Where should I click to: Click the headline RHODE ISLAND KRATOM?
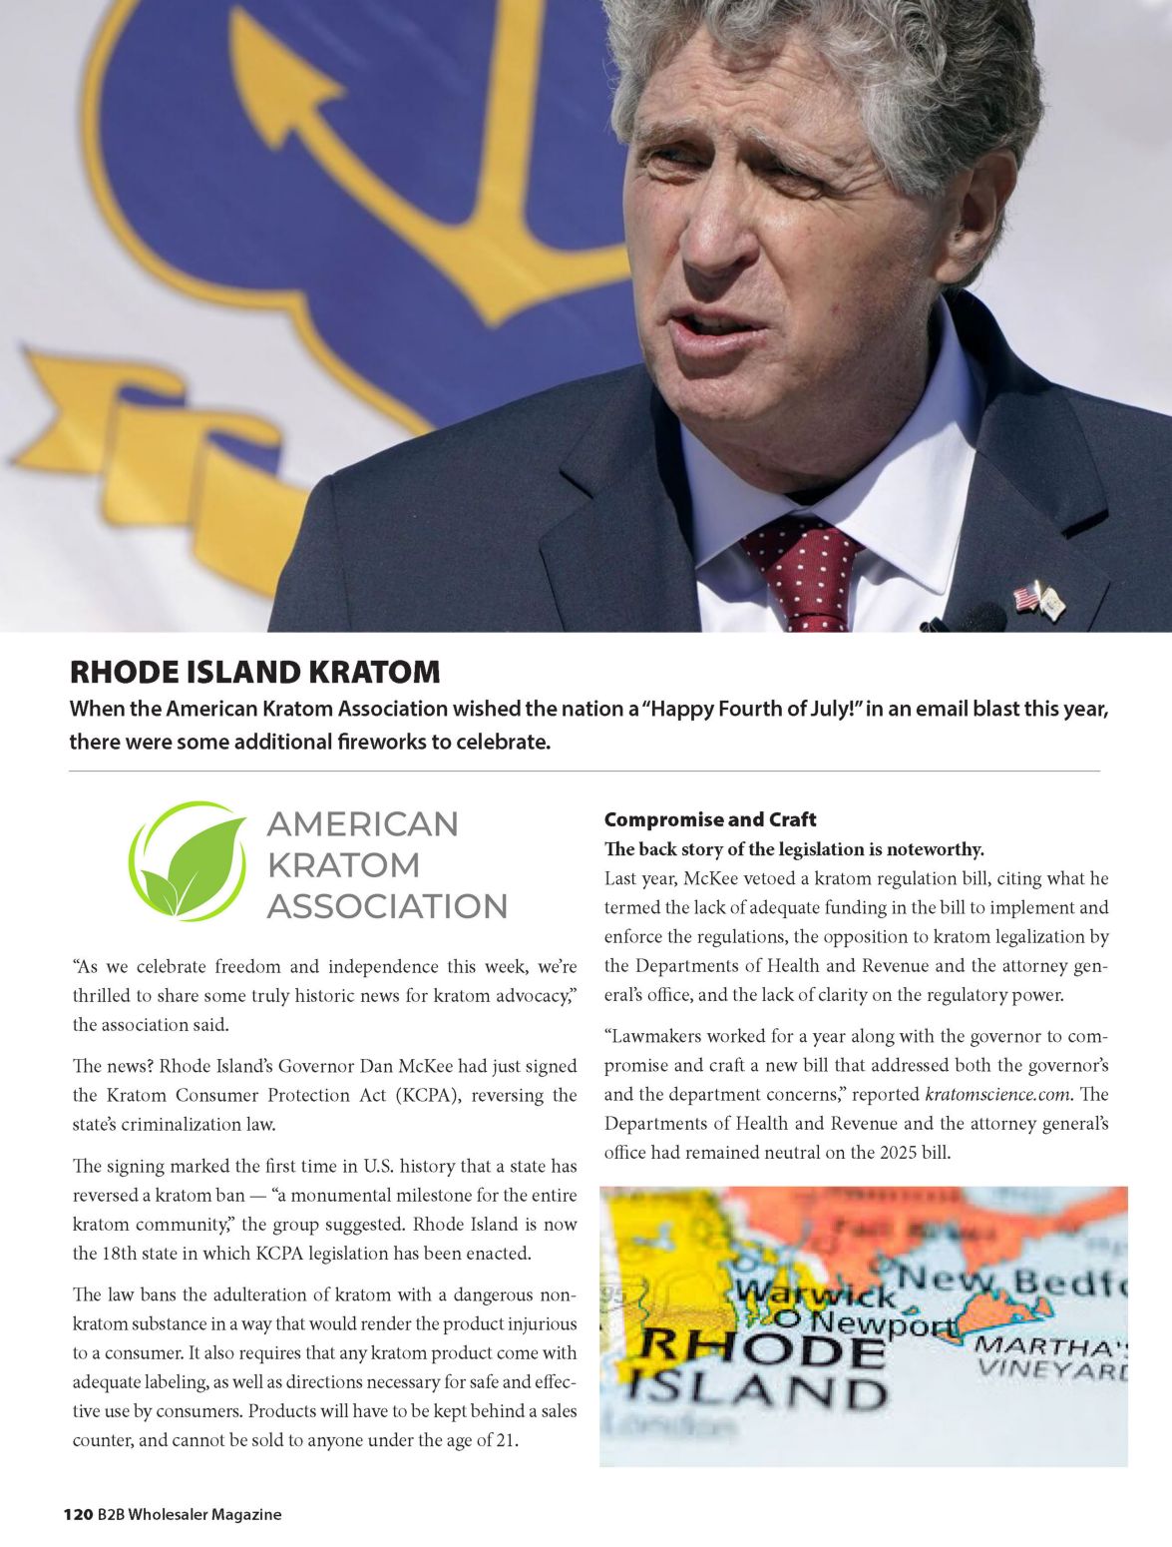click(254, 672)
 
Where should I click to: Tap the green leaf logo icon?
click(189, 861)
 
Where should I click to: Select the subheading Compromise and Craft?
click(709, 819)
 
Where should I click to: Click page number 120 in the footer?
click(78, 1514)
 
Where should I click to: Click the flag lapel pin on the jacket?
click(1038, 600)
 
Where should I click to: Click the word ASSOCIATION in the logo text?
click(387, 906)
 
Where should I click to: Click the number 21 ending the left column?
click(505, 1440)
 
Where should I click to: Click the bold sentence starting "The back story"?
click(794, 849)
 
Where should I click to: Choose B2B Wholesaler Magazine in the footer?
click(190, 1514)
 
